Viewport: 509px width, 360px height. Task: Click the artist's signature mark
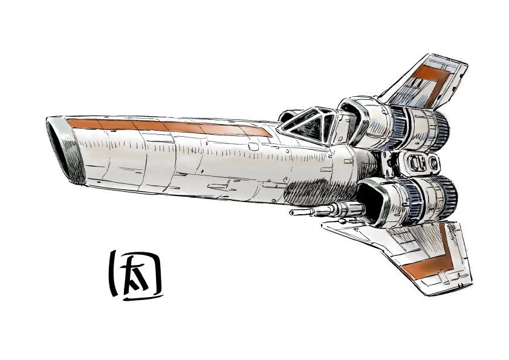135,276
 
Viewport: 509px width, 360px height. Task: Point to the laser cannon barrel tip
293,213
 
